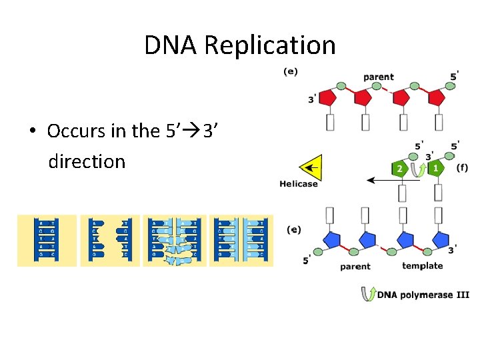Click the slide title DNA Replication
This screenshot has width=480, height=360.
240,45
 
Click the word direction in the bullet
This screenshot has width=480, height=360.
87,161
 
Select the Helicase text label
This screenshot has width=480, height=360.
299,184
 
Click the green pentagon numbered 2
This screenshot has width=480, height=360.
399,169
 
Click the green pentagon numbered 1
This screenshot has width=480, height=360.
435,169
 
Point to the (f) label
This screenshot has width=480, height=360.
461,167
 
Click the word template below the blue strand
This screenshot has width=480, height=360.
422,266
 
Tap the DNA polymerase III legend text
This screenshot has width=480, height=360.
423,294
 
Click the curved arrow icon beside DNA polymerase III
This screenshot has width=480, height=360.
367,294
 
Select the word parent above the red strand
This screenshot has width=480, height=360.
378,77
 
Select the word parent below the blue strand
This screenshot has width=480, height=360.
355,267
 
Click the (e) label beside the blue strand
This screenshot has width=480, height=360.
293,229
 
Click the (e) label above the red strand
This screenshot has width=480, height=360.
291,71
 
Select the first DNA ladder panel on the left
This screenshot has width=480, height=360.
47,240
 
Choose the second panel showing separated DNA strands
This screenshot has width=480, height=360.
110,240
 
